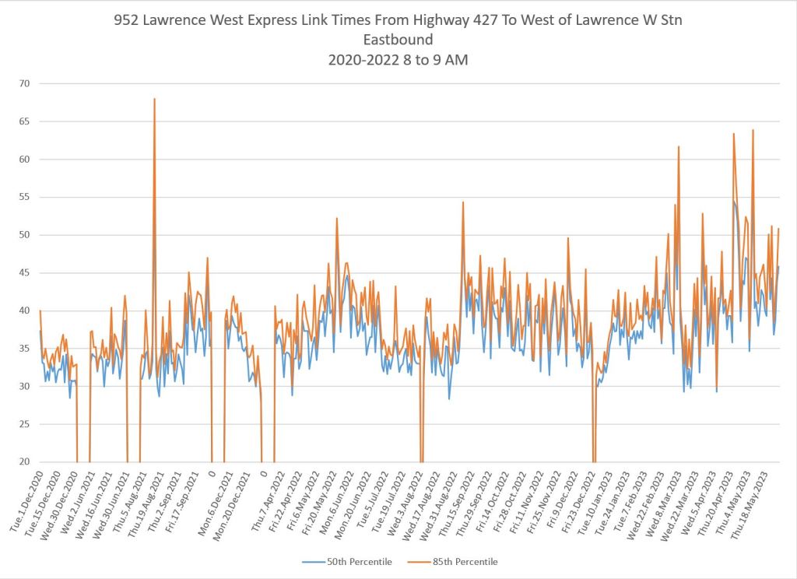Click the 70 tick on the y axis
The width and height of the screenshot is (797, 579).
pyautogui.click(x=25, y=83)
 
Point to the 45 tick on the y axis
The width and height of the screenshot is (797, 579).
pyautogui.click(x=25, y=272)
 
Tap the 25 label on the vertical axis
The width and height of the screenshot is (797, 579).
pyautogui.click(x=25, y=424)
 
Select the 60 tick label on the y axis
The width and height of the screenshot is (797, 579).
pyautogui.click(x=25, y=159)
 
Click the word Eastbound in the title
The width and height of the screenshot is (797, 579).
pyautogui.click(x=398, y=40)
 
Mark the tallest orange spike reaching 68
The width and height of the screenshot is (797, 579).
pyautogui.click(x=154, y=100)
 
